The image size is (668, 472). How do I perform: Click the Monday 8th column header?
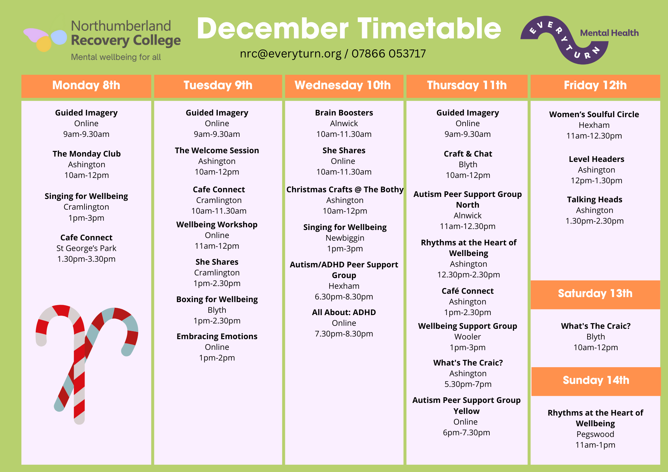pos(86,86)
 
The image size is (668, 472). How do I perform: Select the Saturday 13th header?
pos(595,294)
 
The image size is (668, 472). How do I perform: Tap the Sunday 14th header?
pos(596,381)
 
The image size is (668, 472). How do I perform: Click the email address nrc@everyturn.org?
pos(291,54)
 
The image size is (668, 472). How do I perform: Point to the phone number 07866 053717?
pos(389,53)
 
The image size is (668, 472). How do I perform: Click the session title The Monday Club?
pos(87,154)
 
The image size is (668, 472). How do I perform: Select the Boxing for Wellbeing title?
pos(217,299)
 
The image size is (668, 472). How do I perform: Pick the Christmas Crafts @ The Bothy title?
pos(345,190)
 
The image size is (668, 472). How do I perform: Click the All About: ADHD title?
pos(344,312)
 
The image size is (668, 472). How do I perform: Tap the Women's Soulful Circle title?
pos(594,114)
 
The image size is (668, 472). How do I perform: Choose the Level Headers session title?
pos(597,159)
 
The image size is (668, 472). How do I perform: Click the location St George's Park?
pos(87,248)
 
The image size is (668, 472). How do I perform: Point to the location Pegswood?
pos(595,434)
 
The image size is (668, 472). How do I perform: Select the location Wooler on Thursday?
pos(468,337)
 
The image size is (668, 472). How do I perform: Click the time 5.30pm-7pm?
pos(468,384)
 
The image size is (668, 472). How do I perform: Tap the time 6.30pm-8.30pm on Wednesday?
pos(344,297)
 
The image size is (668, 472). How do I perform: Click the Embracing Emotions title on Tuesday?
pos(217,336)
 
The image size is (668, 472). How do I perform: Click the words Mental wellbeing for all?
pos(116,57)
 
